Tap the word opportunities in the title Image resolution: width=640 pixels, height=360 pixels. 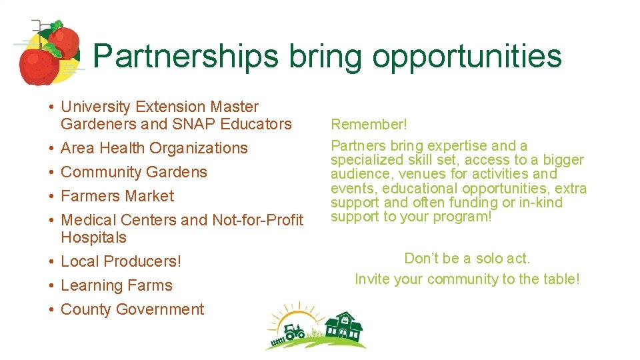point(467,57)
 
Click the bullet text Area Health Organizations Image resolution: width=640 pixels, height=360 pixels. point(154,148)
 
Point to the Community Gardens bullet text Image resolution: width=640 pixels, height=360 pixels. point(134,172)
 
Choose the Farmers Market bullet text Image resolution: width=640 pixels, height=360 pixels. point(117,196)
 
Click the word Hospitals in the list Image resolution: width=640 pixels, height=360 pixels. point(93,237)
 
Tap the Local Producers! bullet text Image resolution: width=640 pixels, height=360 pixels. point(121,261)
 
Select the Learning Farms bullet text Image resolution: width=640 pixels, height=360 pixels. point(117,285)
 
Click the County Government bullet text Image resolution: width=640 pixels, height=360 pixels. point(132,309)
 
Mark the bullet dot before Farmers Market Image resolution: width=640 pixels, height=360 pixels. point(51,197)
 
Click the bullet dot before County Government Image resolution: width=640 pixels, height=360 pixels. point(51,310)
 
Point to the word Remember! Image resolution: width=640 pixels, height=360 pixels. point(369,125)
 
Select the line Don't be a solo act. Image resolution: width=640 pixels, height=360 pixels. point(467,259)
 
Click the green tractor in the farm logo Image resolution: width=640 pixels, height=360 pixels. point(294,331)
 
